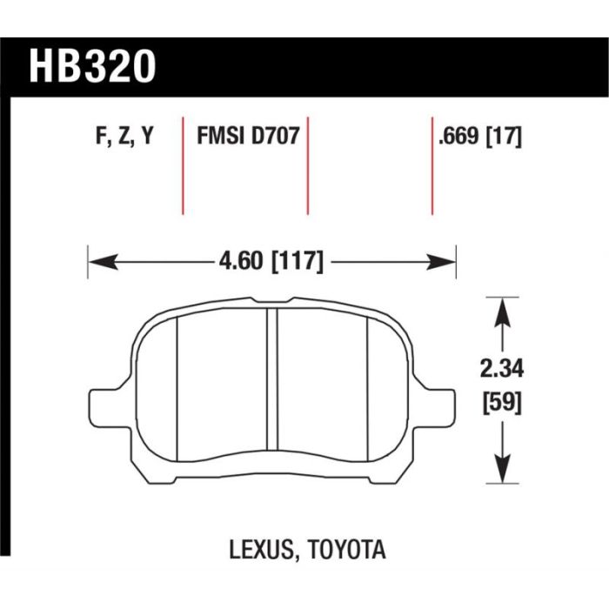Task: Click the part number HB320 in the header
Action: click(x=92, y=66)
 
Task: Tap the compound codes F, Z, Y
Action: click(x=124, y=136)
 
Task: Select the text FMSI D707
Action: click(x=248, y=136)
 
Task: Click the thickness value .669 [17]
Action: click(x=479, y=137)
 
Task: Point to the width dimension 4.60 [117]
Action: click(x=271, y=261)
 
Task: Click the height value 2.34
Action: click(x=502, y=369)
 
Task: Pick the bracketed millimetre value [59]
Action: click(x=502, y=403)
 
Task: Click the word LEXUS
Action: click(x=261, y=550)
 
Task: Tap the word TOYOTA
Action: click(x=347, y=550)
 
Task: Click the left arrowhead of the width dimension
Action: click(x=103, y=262)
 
